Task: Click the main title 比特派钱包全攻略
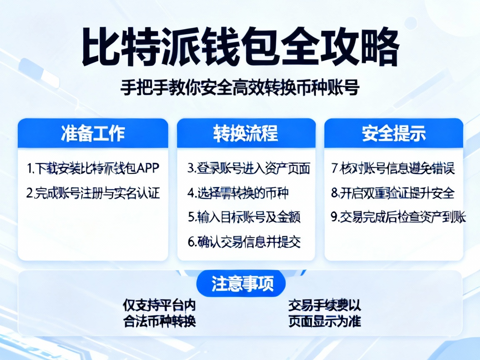point(240,47)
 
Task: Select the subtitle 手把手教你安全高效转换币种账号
point(240,88)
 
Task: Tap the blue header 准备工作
point(92,133)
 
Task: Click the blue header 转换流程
point(246,133)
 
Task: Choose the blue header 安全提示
point(394,133)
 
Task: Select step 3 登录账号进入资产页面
point(249,169)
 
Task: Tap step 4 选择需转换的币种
point(238,193)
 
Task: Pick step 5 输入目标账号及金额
point(244,217)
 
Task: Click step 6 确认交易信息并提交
point(244,242)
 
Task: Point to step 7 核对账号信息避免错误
point(393,169)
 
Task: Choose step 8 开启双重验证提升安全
point(393,193)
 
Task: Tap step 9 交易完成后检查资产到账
point(398,217)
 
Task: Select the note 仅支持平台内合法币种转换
point(160,313)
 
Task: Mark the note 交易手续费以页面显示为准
point(325,313)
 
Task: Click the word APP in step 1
point(148,169)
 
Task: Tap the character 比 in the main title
point(100,47)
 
